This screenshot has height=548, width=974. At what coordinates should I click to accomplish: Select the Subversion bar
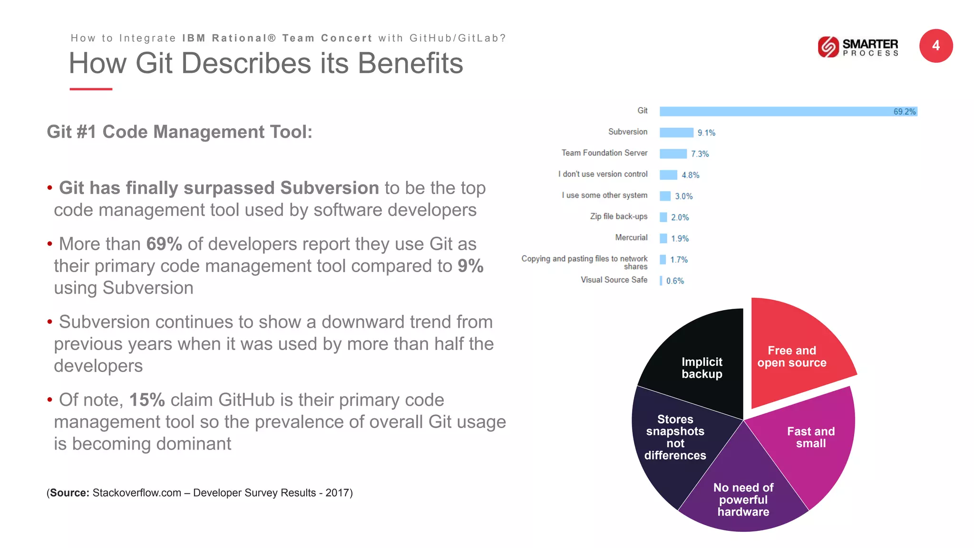point(676,133)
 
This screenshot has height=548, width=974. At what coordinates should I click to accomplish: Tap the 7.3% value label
point(700,154)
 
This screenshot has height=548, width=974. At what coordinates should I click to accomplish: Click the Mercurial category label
point(631,237)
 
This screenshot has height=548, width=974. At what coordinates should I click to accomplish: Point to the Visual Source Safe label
point(614,280)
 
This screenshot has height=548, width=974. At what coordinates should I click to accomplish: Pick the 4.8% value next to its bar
point(690,175)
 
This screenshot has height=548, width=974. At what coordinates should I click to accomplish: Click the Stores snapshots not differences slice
point(675,438)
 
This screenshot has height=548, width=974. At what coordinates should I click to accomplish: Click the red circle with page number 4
point(935,46)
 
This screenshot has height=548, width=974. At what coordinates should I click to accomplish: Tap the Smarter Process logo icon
point(828,47)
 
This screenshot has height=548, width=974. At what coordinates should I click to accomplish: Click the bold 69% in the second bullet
point(164,244)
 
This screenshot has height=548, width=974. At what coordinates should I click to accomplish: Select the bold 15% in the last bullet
point(147,400)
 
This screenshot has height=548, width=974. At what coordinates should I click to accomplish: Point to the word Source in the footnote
point(69,493)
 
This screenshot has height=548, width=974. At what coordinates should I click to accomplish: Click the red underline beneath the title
point(91,89)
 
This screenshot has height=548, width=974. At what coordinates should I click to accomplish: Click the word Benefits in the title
point(410,63)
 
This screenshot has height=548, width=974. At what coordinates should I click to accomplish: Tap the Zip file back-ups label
point(618,216)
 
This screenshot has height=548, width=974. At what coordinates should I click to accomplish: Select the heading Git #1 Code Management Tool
point(179,132)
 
